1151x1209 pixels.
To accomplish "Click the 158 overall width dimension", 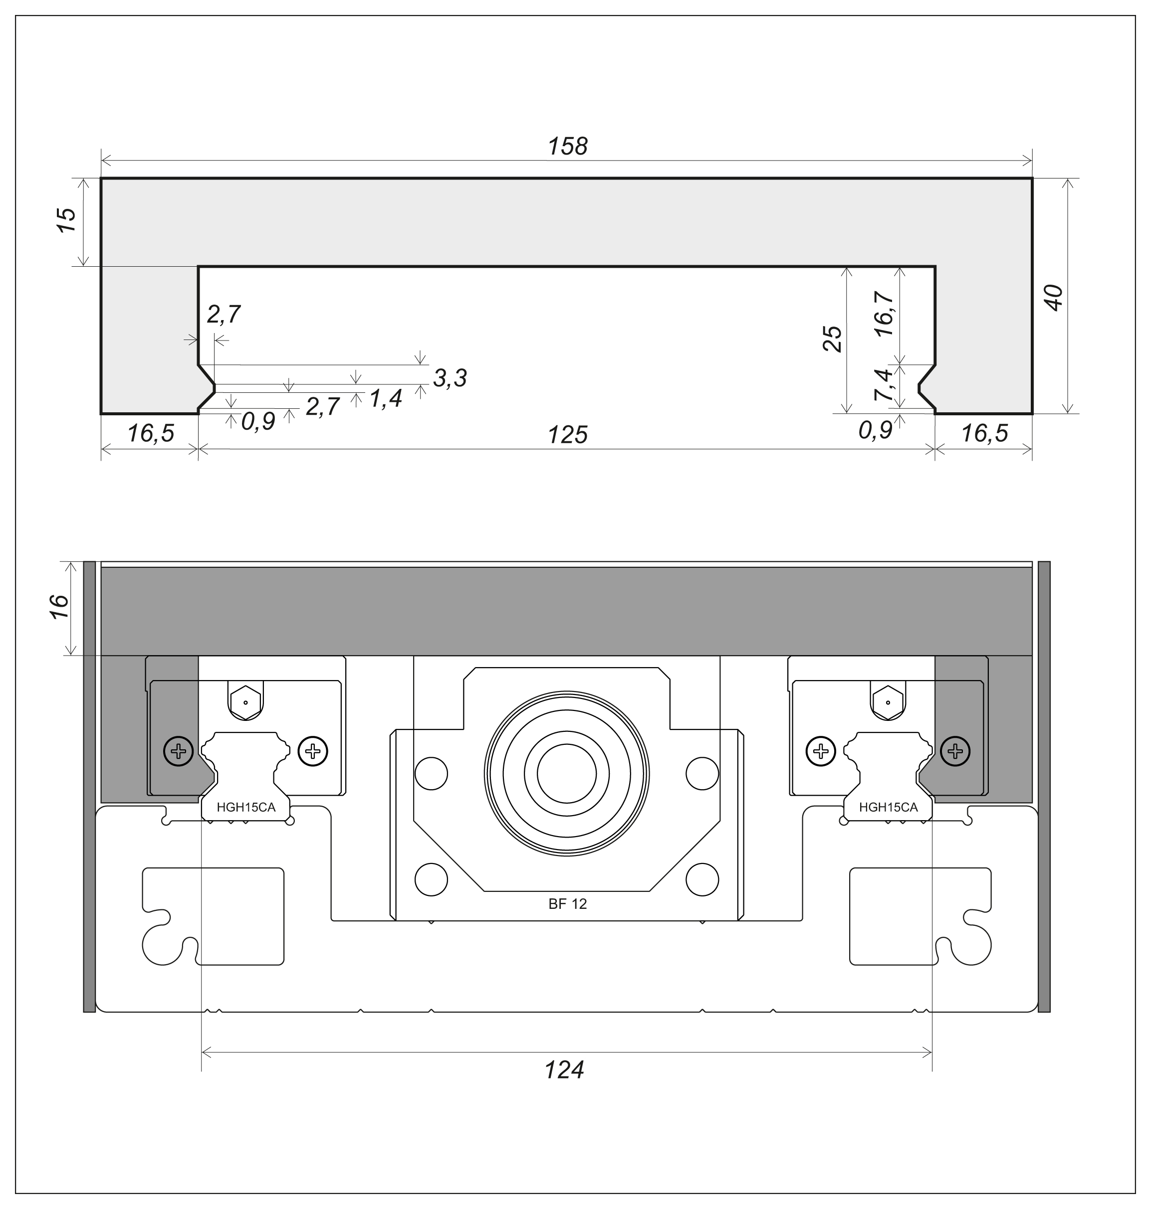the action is (x=568, y=147).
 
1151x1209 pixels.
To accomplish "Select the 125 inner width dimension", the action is (x=568, y=435).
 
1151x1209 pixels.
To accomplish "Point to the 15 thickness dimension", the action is (x=66, y=219).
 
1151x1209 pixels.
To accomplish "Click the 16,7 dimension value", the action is (x=885, y=314).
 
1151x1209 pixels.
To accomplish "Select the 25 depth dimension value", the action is (x=833, y=339).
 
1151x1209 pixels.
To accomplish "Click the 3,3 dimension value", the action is (x=450, y=378).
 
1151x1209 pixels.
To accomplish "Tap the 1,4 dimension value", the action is (x=385, y=398).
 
